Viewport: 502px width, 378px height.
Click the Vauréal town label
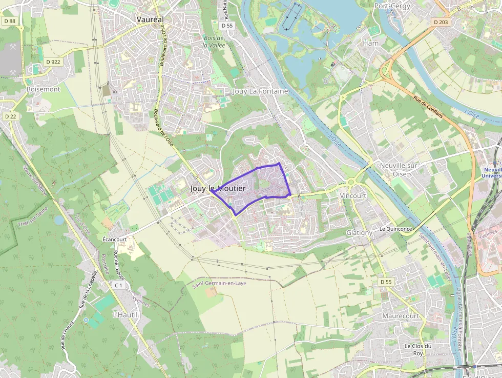coord(150,19)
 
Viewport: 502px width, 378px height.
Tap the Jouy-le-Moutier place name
coord(218,188)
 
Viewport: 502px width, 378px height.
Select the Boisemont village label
coord(43,89)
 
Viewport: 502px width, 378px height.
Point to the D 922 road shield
coord(53,62)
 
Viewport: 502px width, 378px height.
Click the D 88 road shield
coord(9,21)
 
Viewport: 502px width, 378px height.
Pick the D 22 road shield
coord(10,116)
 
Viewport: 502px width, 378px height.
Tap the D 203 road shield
coord(440,22)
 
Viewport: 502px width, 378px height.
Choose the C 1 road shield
coord(119,285)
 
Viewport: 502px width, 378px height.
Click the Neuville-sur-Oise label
coord(400,170)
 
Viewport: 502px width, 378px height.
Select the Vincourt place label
coord(353,196)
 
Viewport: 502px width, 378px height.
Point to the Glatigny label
coord(359,232)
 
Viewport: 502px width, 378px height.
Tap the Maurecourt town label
coord(400,316)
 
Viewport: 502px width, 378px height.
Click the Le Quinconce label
coord(395,229)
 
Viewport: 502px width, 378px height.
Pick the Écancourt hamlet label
coord(114,239)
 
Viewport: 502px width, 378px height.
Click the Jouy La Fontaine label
coord(260,91)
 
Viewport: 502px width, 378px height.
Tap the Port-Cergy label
coord(393,6)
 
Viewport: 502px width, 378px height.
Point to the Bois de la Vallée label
coord(214,42)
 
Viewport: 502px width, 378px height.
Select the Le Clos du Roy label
coord(418,349)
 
